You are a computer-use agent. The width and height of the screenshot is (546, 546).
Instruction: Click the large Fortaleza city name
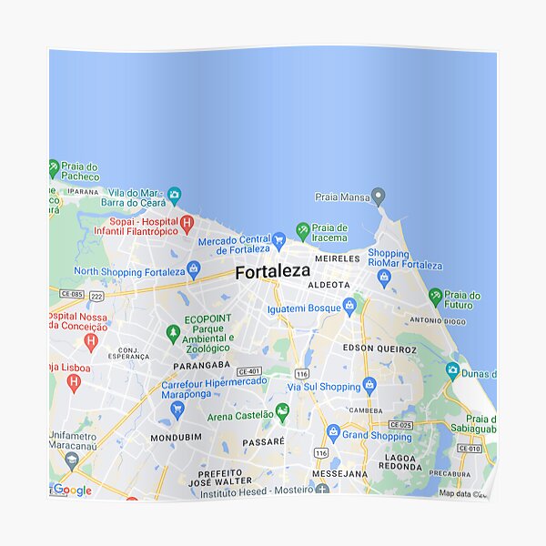(x=272, y=271)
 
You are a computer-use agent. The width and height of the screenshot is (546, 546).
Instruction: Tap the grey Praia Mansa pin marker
(x=379, y=196)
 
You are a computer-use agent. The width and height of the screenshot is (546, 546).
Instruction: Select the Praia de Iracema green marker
(x=302, y=229)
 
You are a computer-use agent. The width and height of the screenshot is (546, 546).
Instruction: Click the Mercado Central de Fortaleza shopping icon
(x=279, y=240)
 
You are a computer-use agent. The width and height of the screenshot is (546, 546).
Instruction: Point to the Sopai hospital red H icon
(x=187, y=222)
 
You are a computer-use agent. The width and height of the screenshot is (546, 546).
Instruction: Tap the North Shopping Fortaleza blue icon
(x=193, y=269)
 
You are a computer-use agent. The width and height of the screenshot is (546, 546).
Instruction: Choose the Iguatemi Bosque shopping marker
(x=349, y=305)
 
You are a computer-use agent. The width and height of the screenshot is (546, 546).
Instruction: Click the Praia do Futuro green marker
(x=436, y=296)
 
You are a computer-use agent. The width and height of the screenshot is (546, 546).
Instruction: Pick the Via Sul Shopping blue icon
(x=369, y=385)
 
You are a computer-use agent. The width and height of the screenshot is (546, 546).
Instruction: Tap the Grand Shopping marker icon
(x=333, y=432)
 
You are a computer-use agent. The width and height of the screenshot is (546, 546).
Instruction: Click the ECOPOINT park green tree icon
(x=173, y=334)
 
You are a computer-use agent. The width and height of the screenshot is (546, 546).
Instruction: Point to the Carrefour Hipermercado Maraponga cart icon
(x=177, y=409)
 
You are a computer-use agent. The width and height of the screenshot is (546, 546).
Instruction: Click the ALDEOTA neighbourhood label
(x=329, y=285)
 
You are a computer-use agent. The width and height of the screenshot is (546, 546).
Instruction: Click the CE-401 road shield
(x=248, y=371)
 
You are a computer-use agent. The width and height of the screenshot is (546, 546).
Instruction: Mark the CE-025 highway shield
(x=400, y=425)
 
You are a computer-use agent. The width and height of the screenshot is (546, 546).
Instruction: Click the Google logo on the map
(x=72, y=490)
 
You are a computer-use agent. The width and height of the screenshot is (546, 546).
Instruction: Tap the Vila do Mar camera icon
(x=175, y=195)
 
